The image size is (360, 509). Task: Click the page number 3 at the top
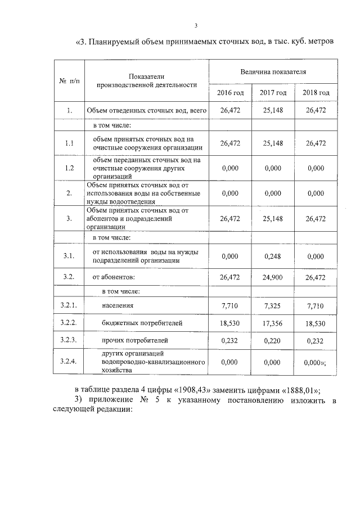[x=196, y=25]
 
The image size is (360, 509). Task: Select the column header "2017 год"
[x=273, y=92]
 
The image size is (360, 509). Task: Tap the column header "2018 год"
[x=316, y=92]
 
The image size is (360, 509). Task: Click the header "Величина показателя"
[x=273, y=72]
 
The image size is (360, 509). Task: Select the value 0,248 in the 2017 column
[x=273, y=256]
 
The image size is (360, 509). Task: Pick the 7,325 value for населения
[x=273, y=305]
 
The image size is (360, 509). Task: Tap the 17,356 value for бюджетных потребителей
[x=273, y=323]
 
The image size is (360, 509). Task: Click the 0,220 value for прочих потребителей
[x=273, y=340]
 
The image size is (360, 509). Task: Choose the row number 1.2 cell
[x=69, y=168]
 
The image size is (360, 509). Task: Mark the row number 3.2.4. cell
[x=69, y=362]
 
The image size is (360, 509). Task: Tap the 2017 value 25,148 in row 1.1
[x=273, y=143]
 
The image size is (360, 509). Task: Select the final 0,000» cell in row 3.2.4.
[x=316, y=362]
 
